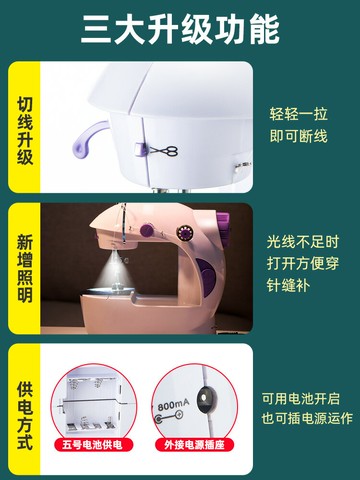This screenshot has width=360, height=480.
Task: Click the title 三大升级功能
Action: [180, 29]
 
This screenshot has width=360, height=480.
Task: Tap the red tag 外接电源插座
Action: [197, 443]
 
